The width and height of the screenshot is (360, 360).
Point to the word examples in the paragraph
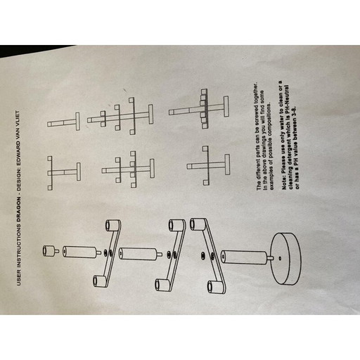pyautogui.click(x=271, y=180)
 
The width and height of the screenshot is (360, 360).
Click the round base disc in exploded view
pyautogui.click(x=286, y=259)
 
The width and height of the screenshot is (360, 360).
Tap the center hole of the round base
pyautogui.click(x=280, y=258)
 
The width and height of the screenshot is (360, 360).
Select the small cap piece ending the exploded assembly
pyautogui.click(x=51, y=250)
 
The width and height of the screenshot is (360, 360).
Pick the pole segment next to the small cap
pyautogui.click(x=82, y=252)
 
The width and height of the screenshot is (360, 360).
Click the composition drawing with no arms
pyautogui.click(x=63, y=122)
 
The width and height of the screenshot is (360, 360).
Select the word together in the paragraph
pyautogui.click(x=257, y=92)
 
